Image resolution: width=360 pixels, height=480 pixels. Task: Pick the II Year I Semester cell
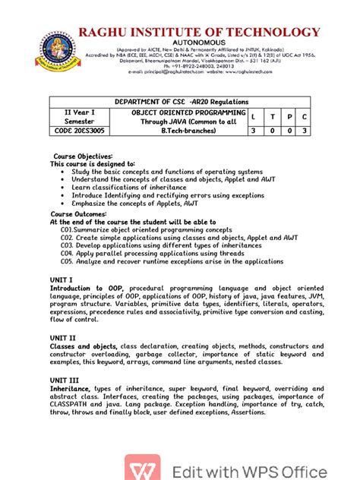click(80, 116)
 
